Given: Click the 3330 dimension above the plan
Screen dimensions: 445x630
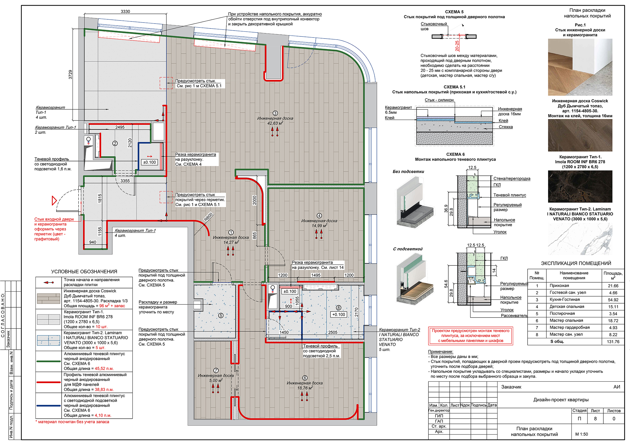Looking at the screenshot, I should point(125,12).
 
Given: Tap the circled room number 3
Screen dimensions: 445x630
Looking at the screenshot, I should point(275,113).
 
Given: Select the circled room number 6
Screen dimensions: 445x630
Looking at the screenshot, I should point(304,378).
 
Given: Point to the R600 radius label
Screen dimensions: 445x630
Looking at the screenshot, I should point(208,217).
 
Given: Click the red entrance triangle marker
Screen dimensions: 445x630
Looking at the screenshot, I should point(54,200).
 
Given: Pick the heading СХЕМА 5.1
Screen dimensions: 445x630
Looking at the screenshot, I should point(454,87).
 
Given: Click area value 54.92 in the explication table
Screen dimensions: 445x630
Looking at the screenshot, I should point(613,300).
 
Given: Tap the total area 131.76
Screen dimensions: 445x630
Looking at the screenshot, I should point(613,342).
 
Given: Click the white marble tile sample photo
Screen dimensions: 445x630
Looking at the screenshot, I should point(580,239).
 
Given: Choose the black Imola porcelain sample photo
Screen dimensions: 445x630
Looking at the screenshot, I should point(580,186).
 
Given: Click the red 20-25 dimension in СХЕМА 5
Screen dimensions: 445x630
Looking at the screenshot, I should point(457,46).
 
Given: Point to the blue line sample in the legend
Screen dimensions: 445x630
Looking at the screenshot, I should point(49,405).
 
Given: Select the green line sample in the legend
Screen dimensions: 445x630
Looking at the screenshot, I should point(49,361).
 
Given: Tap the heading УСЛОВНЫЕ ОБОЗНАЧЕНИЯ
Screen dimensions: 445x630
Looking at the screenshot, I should point(84,271).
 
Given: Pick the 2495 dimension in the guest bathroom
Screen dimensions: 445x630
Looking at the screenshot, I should point(120,127).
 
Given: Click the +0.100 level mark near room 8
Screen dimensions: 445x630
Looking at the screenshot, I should point(339,314).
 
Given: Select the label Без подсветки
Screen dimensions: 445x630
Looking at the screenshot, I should point(408,172).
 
